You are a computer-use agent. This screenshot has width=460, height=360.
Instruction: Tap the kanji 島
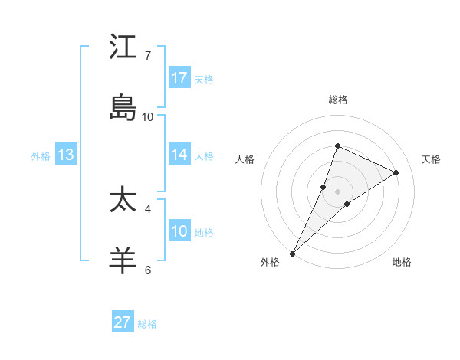coord(123,108)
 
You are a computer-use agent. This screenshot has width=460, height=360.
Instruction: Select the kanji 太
coord(123,200)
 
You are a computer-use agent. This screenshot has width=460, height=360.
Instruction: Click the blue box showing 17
coord(179,77)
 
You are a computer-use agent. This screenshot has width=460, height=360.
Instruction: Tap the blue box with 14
coord(179,154)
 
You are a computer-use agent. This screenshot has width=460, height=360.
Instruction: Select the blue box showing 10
coord(179,231)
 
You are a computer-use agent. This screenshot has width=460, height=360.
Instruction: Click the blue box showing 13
coord(66,154)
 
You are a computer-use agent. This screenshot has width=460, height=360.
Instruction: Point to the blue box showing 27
coord(123,322)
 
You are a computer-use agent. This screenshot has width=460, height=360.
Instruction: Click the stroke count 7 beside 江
coord(148,56)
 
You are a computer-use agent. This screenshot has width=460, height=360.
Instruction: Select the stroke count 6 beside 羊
coord(148,270)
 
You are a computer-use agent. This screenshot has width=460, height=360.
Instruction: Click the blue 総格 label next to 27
coord(148,324)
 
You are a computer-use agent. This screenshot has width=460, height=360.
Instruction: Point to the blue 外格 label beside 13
coord(41,155)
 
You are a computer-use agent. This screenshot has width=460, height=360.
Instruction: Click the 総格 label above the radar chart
coord(337,100)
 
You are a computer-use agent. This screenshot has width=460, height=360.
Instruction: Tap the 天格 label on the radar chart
coord(432,159)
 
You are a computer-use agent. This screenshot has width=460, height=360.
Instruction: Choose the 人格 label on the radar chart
coord(245,159)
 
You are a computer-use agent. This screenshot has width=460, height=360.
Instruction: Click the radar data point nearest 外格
coord(293,253)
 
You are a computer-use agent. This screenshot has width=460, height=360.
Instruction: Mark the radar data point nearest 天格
coord(396,172)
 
